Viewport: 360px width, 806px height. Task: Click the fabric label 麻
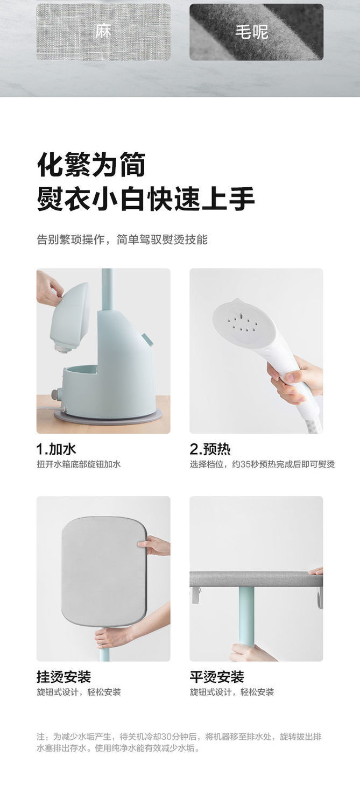tap(103, 32)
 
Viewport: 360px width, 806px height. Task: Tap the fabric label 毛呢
tap(251, 32)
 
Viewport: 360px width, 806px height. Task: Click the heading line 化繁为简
tap(91, 165)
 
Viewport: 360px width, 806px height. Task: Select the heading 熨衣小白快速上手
tap(145, 199)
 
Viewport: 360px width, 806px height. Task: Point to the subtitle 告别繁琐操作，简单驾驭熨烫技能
tap(122, 239)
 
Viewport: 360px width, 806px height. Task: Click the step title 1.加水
tap(56, 449)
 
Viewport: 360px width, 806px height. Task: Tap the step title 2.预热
tap(210, 449)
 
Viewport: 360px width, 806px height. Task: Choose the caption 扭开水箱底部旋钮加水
tap(79, 464)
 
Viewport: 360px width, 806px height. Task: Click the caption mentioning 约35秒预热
tap(262, 464)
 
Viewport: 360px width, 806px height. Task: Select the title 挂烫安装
tap(63, 676)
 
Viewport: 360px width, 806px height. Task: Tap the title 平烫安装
tap(216, 676)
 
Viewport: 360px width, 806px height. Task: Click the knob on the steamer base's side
tap(55, 394)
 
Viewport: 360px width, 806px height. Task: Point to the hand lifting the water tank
tap(48, 288)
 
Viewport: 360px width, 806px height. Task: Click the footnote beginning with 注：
tap(179, 742)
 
